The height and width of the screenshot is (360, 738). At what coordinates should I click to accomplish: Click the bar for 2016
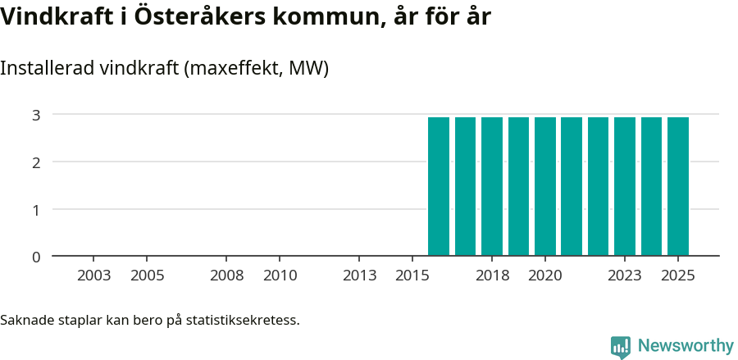(439, 186)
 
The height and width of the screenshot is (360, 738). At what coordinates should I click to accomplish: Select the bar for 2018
(492, 186)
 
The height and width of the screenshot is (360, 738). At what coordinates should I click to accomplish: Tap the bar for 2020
(545, 186)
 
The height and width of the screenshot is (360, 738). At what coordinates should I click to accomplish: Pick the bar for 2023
(625, 186)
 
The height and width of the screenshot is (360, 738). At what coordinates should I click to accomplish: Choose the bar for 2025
(678, 186)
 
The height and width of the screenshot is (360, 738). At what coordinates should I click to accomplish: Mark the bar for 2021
(572, 186)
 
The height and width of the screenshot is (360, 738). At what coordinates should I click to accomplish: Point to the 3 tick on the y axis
(36, 115)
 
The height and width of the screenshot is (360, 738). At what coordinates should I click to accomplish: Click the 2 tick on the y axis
(36, 162)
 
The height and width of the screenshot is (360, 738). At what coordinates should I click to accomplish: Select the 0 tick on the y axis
(36, 257)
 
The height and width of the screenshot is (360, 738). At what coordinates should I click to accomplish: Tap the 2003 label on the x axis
(94, 276)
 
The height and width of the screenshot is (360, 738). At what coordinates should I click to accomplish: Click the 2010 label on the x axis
(280, 276)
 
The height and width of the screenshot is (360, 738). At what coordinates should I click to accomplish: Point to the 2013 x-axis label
(359, 276)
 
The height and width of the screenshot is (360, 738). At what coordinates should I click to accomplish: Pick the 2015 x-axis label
(412, 276)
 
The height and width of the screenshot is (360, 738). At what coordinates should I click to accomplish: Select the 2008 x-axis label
(226, 276)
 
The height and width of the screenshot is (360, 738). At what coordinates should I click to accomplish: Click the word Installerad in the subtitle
(47, 69)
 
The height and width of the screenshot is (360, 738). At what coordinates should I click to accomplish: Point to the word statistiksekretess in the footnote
(243, 320)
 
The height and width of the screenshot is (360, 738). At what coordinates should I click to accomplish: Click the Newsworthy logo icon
(621, 347)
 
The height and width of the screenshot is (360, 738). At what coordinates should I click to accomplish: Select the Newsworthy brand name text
(686, 346)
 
